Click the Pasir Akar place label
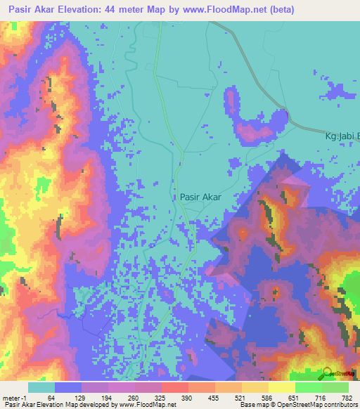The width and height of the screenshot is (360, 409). [200, 197]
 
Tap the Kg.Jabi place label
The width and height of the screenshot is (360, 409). [341, 136]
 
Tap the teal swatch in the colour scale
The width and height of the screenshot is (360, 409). [41, 388]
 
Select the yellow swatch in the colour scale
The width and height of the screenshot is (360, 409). [281, 388]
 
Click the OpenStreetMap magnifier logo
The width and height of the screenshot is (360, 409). [328, 372]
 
